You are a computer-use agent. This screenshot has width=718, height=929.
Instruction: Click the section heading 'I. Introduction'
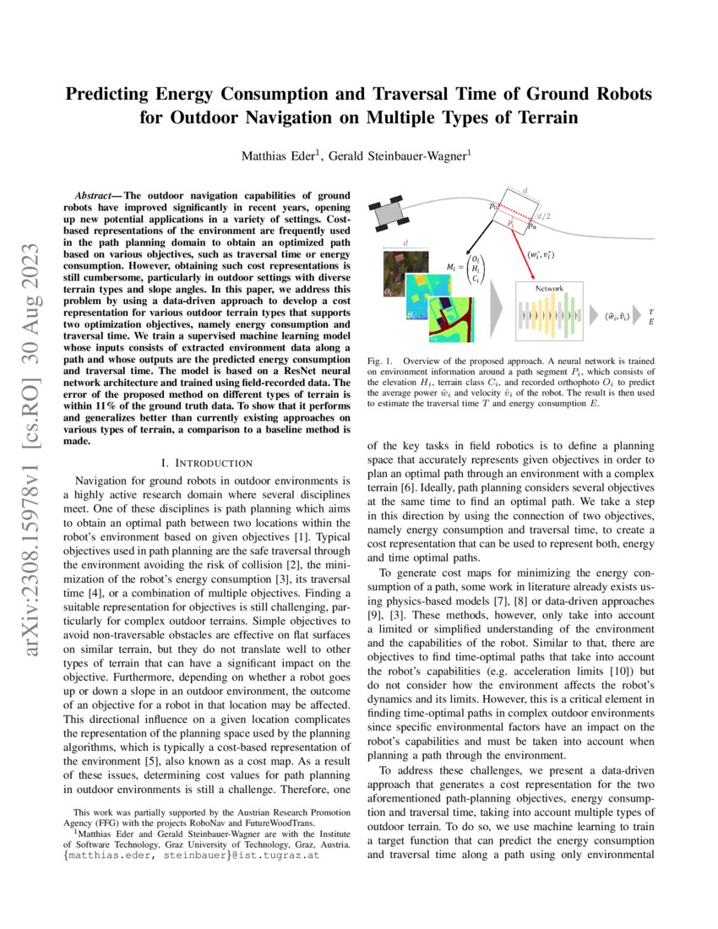pos(206,462)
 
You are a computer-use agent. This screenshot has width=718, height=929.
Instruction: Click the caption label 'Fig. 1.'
pos(379,359)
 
